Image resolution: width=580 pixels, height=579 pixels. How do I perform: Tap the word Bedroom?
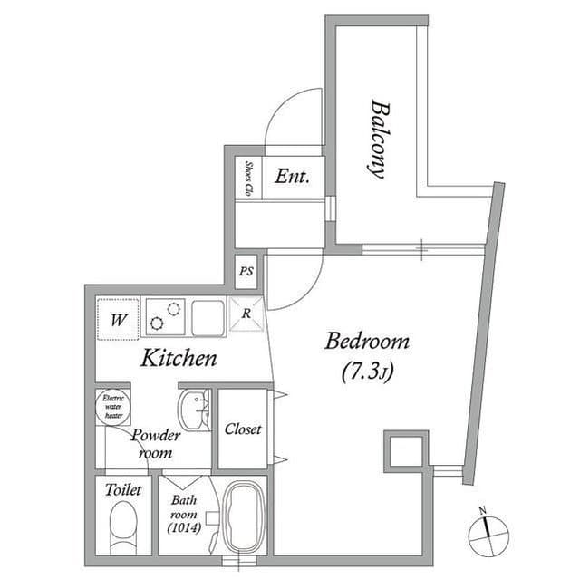click(x=367, y=342)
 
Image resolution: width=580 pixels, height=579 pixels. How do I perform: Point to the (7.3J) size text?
click(x=367, y=372)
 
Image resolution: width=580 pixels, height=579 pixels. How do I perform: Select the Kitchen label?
click(x=179, y=358)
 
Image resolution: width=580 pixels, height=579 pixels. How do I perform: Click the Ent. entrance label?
click(x=292, y=177)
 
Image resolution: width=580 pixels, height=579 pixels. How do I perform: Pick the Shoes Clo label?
click(x=249, y=178)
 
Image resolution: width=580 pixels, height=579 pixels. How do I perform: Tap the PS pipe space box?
click(x=246, y=272)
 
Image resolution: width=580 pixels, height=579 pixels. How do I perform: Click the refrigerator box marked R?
click(x=246, y=314)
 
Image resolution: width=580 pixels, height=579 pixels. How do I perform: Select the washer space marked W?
click(x=119, y=319)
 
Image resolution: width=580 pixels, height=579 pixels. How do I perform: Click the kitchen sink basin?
click(x=208, y=318)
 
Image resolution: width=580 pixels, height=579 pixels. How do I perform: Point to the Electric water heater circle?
click(x=113, y=407)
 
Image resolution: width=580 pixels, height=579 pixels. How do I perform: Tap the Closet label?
click(x=243, y=429)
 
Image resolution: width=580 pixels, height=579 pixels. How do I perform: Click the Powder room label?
click(x=156, y=443)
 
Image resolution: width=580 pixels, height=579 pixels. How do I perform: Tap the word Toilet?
click(x=123, y=490)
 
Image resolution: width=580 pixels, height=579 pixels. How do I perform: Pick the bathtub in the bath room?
click(x=244, y=516)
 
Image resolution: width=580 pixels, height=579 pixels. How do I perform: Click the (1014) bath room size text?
click(x=184, y=528)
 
